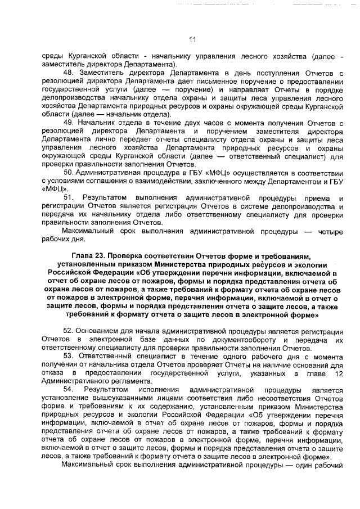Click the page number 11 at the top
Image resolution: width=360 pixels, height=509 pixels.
pos(192,39)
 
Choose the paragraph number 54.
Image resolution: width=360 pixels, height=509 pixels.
pos(69,389)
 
